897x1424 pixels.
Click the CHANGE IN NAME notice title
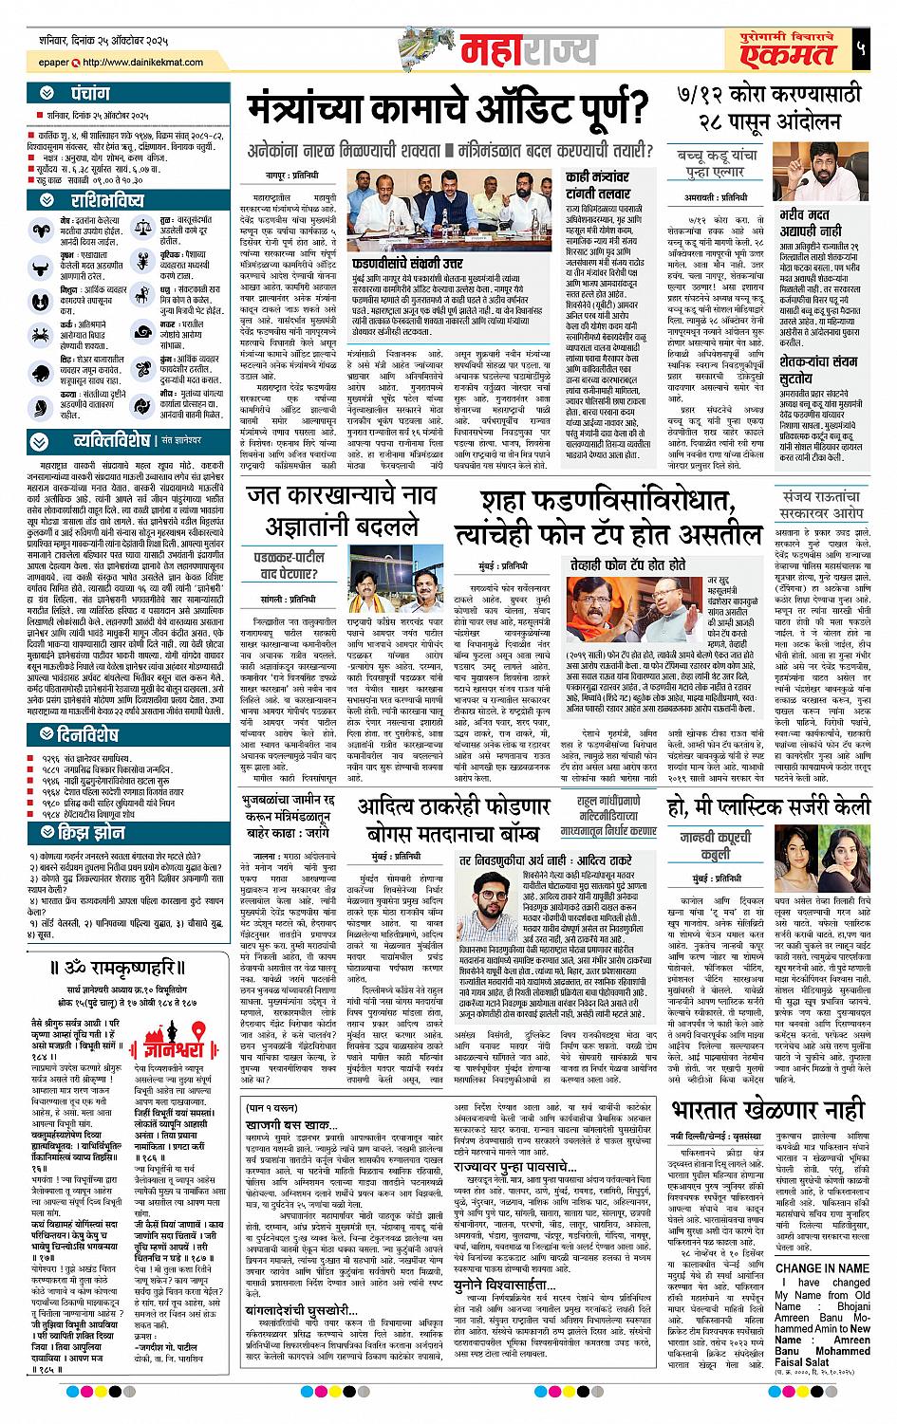tap(822, 1267)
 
